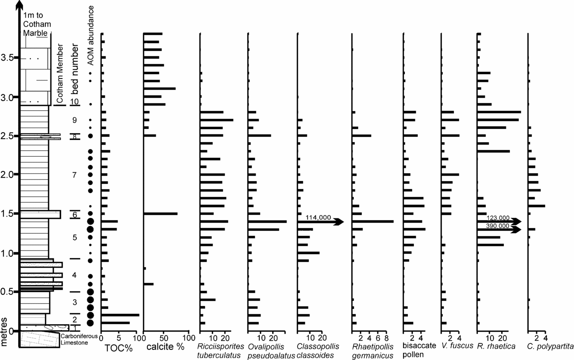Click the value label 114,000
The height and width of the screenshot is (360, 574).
pos(318,217)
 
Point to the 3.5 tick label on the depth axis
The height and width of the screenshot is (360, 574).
pos(7,57)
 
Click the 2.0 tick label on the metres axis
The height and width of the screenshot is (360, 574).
pos(7,174)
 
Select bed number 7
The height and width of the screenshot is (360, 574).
pos(74,175)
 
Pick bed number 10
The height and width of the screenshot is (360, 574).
pos(74,102)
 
